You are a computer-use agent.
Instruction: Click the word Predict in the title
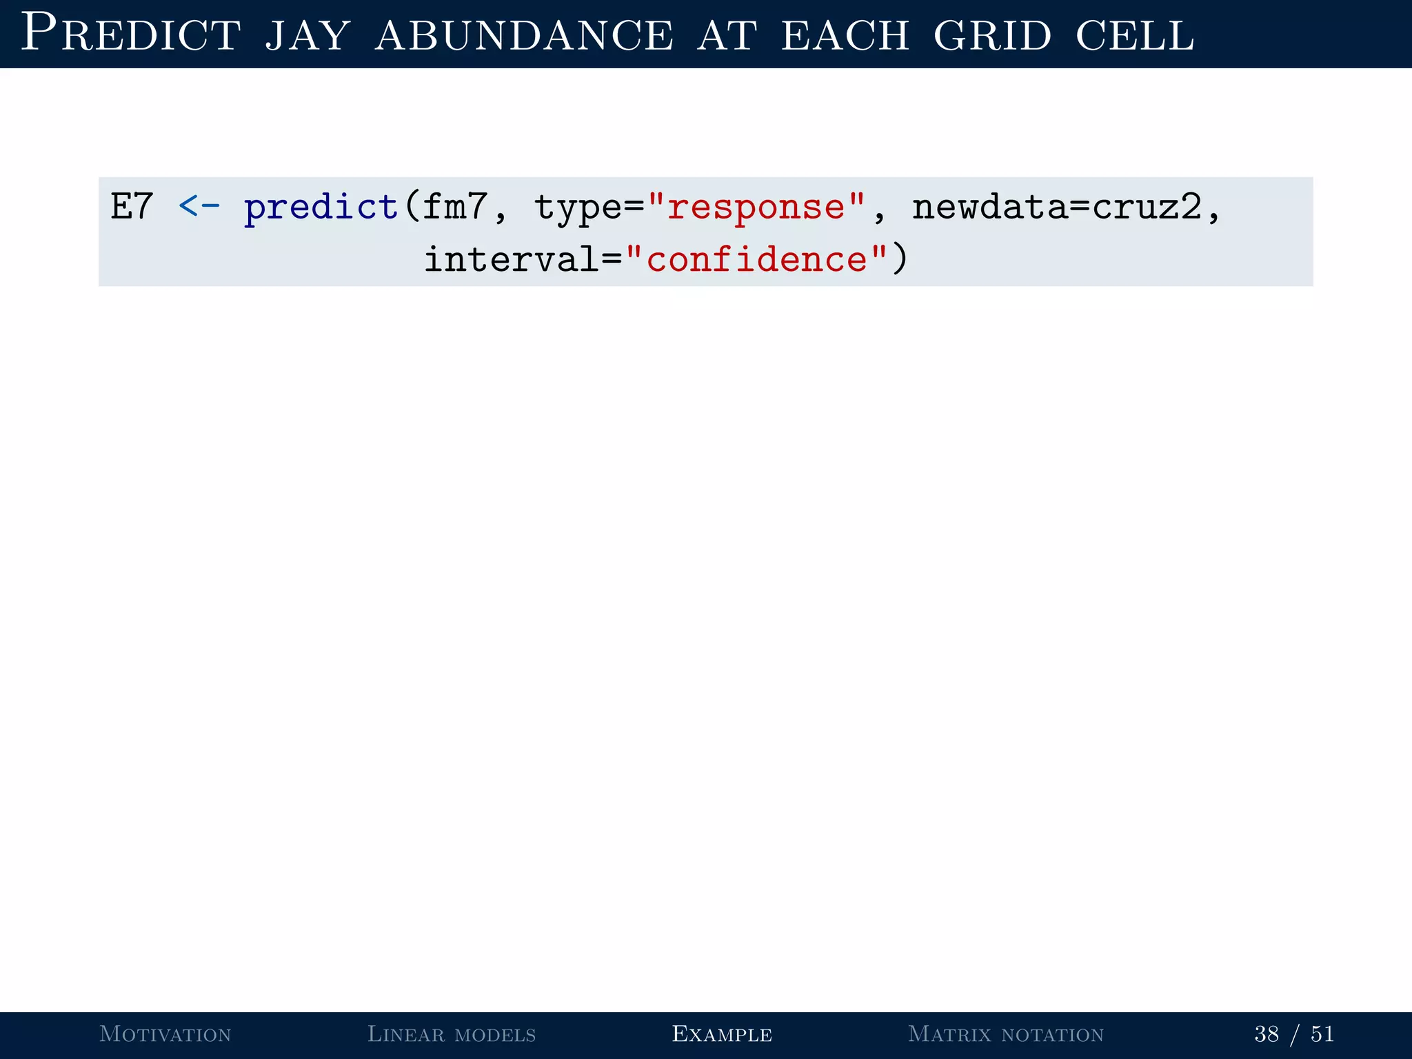[131, 33]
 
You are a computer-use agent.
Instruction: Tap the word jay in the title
[307, 36]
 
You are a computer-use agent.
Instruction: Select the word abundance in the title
[524, 36]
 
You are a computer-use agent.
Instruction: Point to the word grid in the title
[992, 36]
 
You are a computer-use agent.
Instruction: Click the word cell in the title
[1134, 36]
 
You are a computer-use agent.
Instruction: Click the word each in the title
[845, 36]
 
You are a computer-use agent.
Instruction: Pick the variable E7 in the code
[132, 206]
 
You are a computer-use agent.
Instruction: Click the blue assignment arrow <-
[199, 206]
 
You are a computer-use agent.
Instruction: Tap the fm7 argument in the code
[455, 206]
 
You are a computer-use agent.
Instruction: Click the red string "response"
[756, 206]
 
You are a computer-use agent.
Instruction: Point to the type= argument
[589, 208]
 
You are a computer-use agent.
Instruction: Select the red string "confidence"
[756, 259]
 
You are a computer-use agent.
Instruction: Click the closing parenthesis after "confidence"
[900, 260]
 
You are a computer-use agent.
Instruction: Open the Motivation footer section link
[165, 1034]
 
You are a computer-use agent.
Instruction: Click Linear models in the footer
[452, 1034]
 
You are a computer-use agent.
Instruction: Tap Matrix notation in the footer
[1006, 1034]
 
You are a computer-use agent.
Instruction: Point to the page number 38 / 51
[1294, 1034]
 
